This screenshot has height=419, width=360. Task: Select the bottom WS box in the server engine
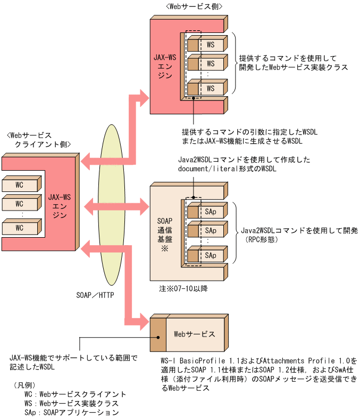(x=211, y=88)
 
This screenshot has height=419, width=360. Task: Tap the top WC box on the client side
(x=19, y=185)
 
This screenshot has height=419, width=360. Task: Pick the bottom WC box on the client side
(x=19, y=228)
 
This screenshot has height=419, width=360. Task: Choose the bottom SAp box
(x=211, y=256)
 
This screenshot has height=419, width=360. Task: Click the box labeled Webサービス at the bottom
(x=194, y=334)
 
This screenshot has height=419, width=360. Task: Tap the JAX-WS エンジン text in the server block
(x=164, y=65)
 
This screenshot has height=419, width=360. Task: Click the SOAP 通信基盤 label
(x=164, y=230)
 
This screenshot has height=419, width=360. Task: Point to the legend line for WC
(x=75, y=394)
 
